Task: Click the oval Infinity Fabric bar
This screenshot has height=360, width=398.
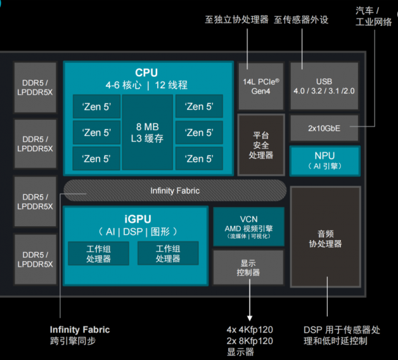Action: pos(174,190)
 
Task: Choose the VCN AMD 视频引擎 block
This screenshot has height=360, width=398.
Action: pos(248,226)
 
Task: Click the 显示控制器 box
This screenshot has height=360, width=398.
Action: pos(248,267)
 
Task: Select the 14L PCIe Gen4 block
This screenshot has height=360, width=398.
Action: pos(260,85)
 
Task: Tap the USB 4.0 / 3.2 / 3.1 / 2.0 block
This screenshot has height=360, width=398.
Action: pos(324,85)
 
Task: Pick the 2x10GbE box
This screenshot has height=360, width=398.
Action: pos(324,128)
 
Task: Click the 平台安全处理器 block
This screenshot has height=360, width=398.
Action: pos(261,145)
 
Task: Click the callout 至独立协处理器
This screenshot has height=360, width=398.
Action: pos(235,20)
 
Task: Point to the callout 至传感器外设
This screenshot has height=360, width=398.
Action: pos(301,20)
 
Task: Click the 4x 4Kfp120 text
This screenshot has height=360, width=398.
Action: pos(249,330)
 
